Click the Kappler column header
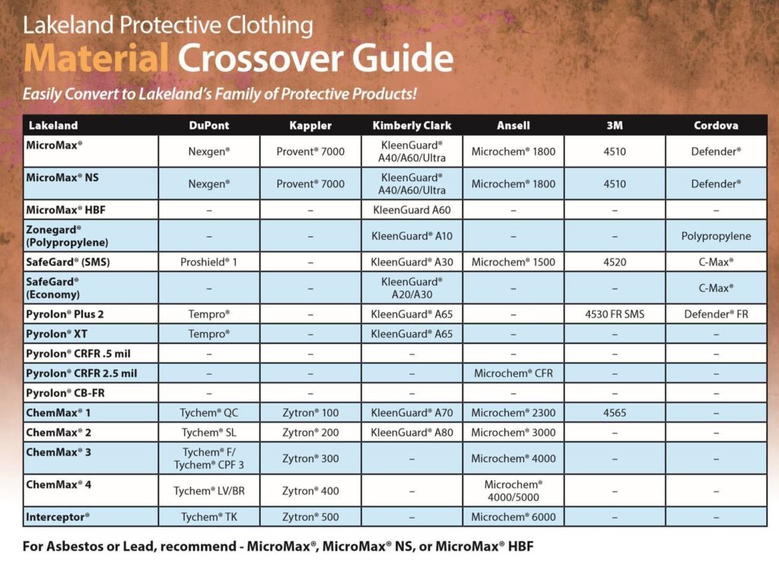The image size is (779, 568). point(310,126)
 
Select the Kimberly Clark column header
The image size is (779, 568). point(412,126)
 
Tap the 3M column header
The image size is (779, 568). point(615,126)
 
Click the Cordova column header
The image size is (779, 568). point(716,126)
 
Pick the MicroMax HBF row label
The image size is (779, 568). point(65,210)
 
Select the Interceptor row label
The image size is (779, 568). point(58,517)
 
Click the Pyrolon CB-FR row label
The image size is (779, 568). point(65,393)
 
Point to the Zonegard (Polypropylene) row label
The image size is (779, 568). point(67,236)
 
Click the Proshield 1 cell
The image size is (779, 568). point(208,262)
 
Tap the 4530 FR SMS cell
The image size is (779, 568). point(615,314)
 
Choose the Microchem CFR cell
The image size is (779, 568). point(514,374)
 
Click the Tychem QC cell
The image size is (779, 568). point(208,413)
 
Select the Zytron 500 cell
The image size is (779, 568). point(310,517)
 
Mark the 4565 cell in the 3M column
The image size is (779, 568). point(615,413)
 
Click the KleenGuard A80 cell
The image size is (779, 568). point(412,432)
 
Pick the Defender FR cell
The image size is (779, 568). point(716,314)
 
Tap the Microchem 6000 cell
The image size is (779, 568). point(514,517)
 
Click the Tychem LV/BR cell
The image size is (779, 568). point(208,491)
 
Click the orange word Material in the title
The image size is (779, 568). point(96,58)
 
